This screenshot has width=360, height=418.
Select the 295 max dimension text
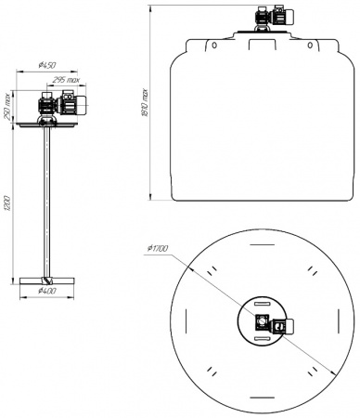click(67, 80)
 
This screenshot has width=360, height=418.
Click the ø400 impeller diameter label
click(48, 292)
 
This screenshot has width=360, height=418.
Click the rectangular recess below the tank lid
click(262, 43)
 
